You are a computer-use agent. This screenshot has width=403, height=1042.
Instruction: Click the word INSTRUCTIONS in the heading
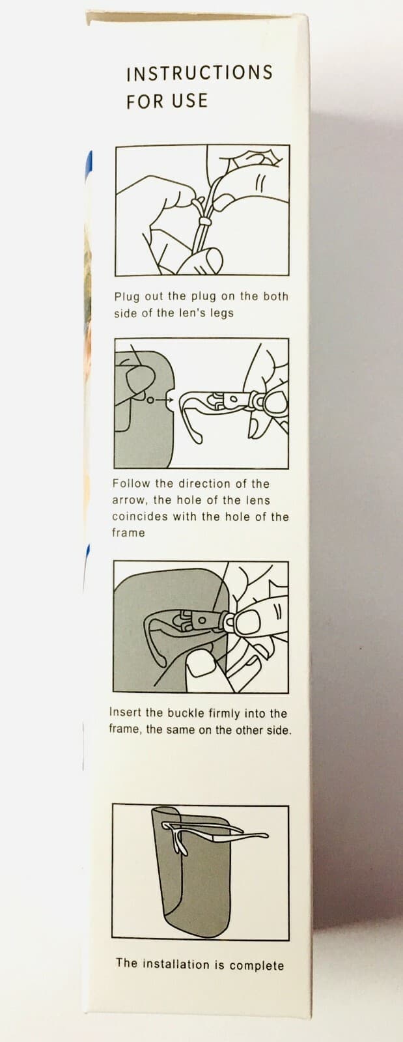(199, 73)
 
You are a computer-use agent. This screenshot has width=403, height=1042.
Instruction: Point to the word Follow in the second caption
(131, 484)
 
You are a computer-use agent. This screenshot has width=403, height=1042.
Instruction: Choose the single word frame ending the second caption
(128, 533)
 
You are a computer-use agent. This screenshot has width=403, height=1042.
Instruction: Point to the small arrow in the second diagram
(161, 399)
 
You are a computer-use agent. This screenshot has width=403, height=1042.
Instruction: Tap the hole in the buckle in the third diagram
(202, 620)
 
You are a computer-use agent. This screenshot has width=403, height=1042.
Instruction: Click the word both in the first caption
(275, 296)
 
